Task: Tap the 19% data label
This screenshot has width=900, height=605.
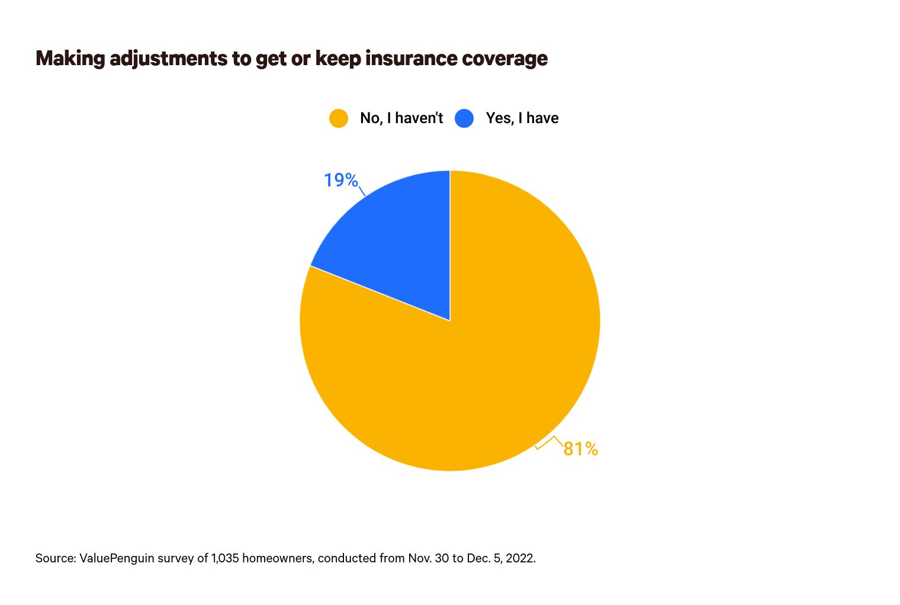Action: point(340,180)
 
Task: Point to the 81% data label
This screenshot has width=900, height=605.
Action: point(580,449)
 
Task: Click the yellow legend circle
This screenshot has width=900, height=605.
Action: point(338,118)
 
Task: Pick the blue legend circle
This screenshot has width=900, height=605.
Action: point(464,118)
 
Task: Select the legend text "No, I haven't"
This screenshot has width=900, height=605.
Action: point(401,118)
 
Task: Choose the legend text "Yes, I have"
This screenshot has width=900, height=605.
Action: point(522,118)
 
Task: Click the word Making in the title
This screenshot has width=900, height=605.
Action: point(70,59)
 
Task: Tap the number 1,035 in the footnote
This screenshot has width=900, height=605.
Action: point(225,558)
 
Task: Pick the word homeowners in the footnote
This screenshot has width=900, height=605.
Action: point(277,558)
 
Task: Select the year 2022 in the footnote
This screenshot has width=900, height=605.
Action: point(521,558)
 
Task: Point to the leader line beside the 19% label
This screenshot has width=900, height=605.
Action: point(362,191)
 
